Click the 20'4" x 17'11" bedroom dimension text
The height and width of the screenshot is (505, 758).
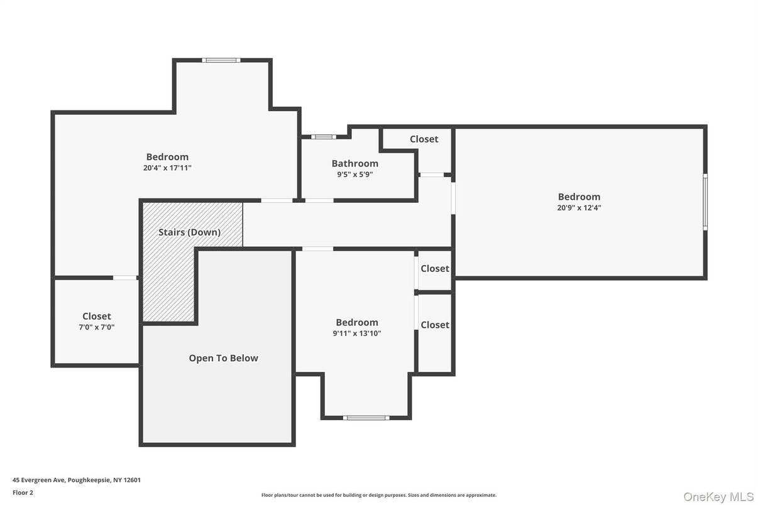(167, 168)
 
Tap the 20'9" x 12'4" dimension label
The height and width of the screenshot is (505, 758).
(579, 208)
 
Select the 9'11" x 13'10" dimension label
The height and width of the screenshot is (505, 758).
(356, 334)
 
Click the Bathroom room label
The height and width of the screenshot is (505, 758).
(355, 163)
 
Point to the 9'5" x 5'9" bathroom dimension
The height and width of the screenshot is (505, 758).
(355, 175)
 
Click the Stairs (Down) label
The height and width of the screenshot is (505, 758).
(189, 232)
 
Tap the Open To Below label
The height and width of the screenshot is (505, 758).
(223, 358)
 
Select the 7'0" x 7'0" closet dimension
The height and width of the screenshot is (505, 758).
(96, 327)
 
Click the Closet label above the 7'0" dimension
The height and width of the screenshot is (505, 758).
(96, 316)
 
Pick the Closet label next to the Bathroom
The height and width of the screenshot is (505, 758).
(424, 139)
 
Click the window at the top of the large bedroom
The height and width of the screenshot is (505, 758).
(221, 60)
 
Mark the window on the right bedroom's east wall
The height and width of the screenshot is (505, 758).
(705, 202)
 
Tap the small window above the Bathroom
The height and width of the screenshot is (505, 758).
(323, 136)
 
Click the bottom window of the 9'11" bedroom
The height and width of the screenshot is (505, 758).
(366, 418)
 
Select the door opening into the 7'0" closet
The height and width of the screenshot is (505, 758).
(125, 278)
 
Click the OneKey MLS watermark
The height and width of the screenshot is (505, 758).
(718, 497)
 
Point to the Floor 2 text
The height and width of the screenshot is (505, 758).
(23, 492)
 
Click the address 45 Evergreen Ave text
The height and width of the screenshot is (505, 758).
(77, 480)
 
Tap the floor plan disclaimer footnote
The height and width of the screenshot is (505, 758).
(378, 495)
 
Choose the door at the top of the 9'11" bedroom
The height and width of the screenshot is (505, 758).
(317, 249)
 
